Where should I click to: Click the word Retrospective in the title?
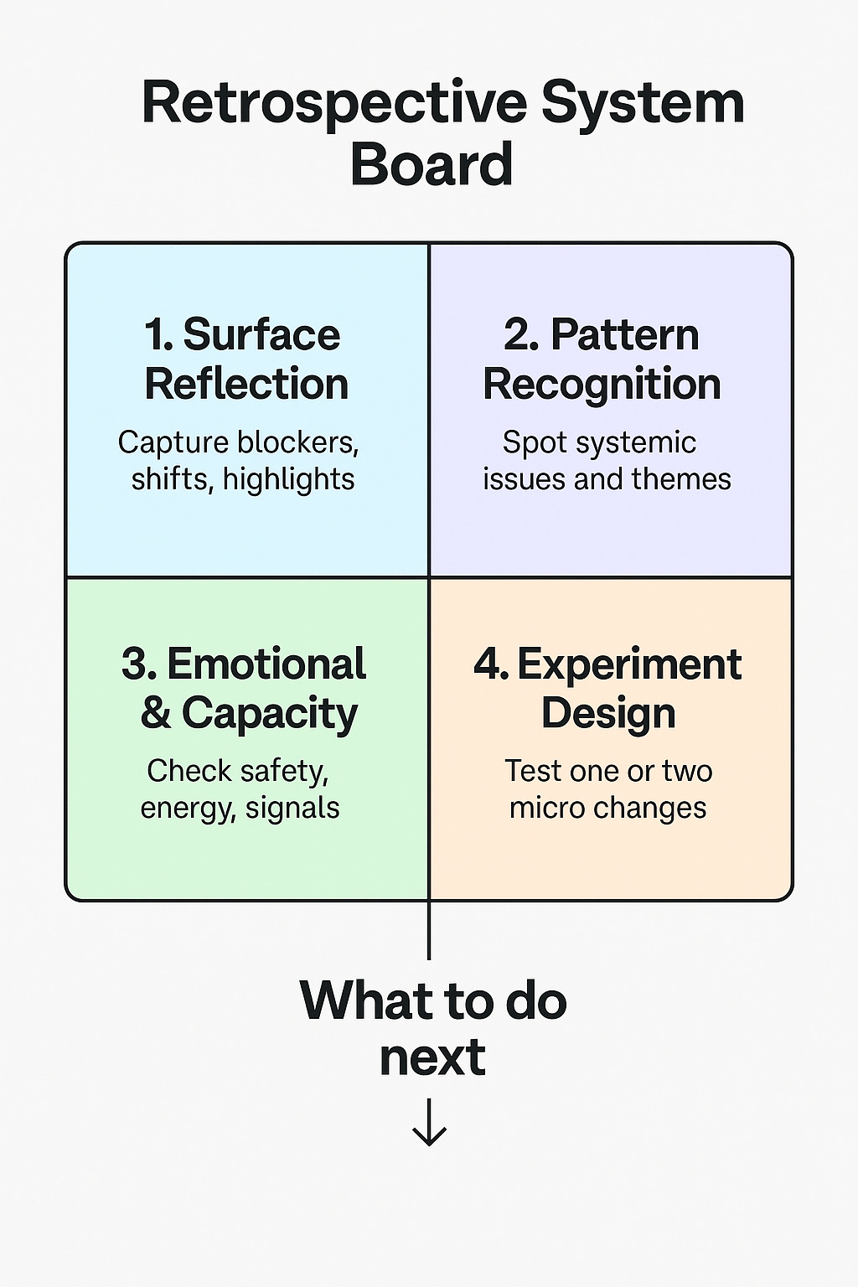coord(334,104)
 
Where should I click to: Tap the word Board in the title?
coord(432,164)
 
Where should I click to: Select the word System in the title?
coord(642,104)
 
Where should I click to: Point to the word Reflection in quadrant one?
coord(246,385)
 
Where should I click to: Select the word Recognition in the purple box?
coord(602,385)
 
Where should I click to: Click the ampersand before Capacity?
coord(156,713)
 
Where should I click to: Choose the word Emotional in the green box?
coord(266,664)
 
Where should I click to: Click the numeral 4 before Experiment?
coord(488,664)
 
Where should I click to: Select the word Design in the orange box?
coord(608,713)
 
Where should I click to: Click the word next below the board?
coord(432,1057)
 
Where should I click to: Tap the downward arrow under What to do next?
coord(430,1122)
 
